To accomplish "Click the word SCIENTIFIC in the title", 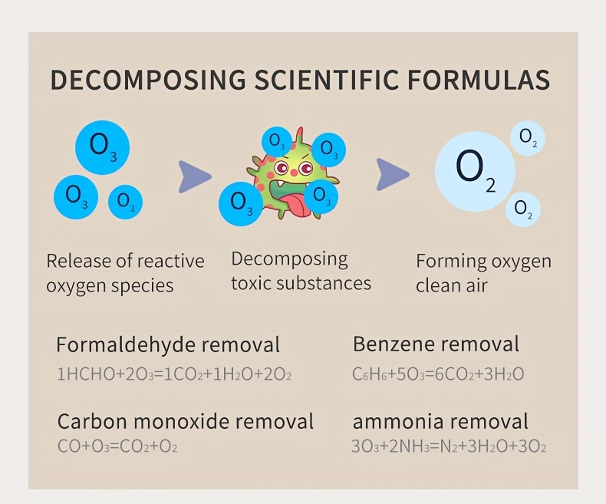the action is [327, 80].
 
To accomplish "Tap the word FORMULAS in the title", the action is [479, 80].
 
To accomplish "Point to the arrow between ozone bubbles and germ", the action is [194, 177].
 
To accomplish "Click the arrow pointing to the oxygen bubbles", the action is [393, 174].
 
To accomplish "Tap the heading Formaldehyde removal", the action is [168, 344].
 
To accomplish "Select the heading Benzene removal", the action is [436, 344].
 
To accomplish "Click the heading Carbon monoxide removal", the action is [186, 421].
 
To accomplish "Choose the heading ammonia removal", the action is [440, 421].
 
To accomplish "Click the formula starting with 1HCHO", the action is [174, 374].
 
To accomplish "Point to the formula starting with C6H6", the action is [438, 374].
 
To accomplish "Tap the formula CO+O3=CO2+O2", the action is [117, 446].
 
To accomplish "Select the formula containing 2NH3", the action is [449, 446].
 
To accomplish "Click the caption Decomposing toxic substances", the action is [301, 272].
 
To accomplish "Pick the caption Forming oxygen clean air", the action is [483, 273].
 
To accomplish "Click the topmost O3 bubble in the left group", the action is [103, 147].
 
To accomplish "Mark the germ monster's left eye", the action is [281, 167].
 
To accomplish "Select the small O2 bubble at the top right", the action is [528, 138].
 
